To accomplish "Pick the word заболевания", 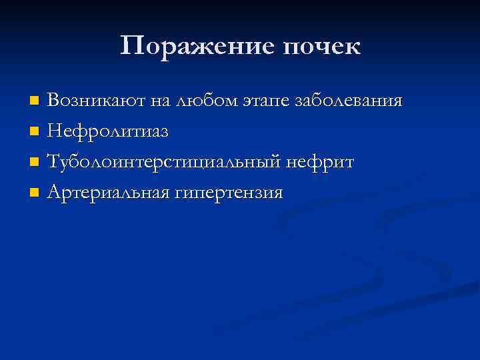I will [347, 102].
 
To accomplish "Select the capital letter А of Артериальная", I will [55, 193].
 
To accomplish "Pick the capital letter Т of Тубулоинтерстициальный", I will [55, 163].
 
